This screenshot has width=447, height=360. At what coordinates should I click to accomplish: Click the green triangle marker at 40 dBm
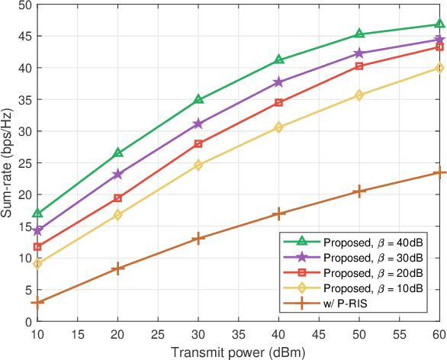[279, 59]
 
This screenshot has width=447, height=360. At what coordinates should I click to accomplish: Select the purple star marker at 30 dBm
[198, 124]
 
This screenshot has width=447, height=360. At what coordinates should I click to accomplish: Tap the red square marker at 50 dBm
[359, 66]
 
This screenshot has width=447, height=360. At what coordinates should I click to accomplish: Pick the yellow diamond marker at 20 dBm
[117, 215]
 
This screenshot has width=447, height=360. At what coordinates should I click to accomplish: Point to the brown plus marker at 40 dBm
[279, 214]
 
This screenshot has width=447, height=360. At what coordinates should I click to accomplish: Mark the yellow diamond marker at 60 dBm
[440, 68]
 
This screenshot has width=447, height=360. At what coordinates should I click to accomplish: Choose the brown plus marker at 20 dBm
[117, 268]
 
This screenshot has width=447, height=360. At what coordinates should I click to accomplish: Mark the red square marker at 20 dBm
[117, 198]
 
